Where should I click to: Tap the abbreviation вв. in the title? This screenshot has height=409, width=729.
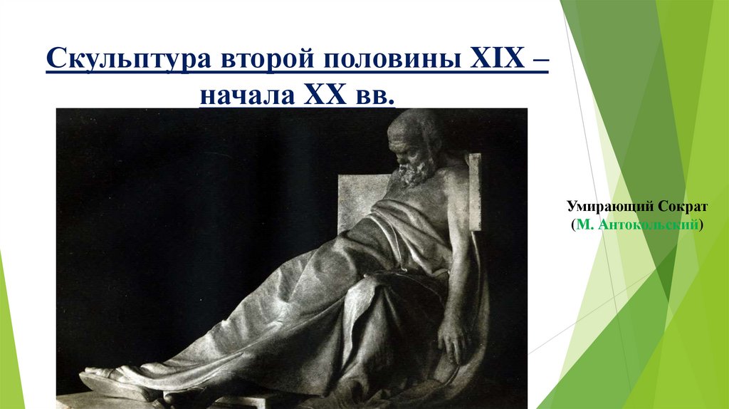[x=370, y=95]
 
